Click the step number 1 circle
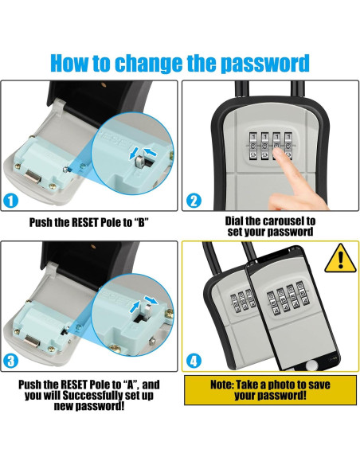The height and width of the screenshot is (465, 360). [x=10, y=201]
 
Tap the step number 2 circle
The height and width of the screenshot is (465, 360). [x=194, y=201]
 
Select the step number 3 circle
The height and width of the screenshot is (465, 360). [x=10, y=361]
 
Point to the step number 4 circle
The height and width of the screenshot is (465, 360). [x=194, y=361]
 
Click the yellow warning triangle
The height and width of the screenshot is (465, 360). [x=340, y=260]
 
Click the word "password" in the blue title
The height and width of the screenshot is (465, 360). [x=266, y=64]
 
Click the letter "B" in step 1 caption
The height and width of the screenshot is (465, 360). [x=141, y=222]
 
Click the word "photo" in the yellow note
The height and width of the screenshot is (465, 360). [x=282, y=385]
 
